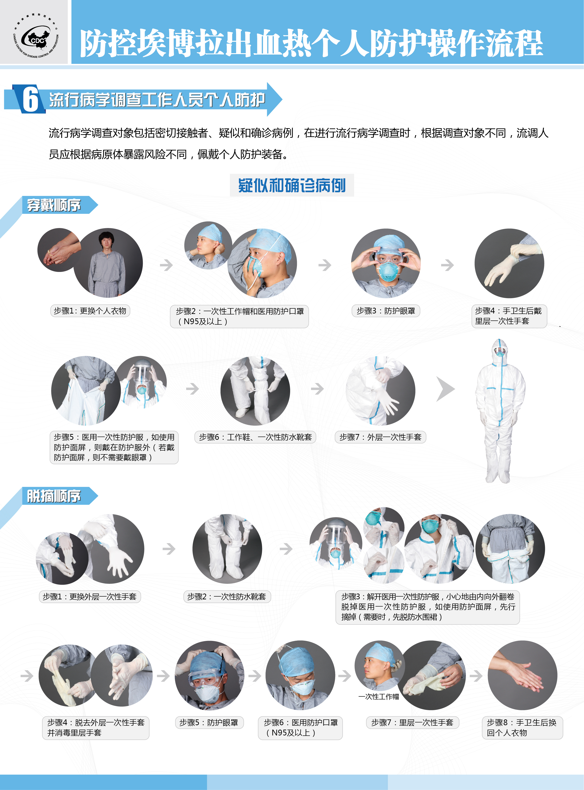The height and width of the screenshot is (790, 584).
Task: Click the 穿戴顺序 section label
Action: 54,205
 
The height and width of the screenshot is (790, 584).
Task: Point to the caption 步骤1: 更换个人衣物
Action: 90,311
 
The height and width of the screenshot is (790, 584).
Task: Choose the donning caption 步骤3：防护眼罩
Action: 386,311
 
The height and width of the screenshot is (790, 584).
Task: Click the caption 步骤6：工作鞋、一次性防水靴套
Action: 255,437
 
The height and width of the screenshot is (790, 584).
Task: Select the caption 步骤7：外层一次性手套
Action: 380,437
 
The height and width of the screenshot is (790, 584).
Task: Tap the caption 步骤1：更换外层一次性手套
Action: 90,597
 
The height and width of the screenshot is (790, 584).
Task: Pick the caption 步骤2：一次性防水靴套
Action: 227,597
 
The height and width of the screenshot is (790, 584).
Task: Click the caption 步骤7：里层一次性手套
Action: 412,722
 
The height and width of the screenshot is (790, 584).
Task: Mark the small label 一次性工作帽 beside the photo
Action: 379,697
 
